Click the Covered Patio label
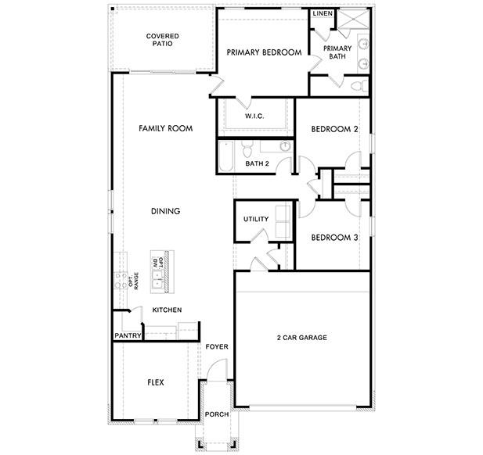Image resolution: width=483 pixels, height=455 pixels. (x=163, y=40)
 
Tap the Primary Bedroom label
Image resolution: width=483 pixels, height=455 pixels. (x=264, y=52)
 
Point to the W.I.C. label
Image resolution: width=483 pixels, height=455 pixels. (x=254, y=116)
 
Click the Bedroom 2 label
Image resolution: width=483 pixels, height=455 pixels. (x=334, y=129)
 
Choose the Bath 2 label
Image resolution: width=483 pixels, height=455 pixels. (x=257, y=164)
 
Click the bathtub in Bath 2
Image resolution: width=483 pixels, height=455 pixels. (x=225, y=154)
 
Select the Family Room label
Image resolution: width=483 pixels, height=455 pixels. (x=165, y=128)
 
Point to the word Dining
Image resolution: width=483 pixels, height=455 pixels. (x=165, y=211)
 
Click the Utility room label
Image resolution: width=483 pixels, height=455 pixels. (x=256, y=219)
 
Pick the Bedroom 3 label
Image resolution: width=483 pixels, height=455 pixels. (x=334, y=238)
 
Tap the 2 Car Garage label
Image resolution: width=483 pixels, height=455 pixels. (x=301, y=338)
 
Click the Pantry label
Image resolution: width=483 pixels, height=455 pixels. (x=127, y=336)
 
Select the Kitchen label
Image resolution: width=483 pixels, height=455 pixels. (x=167, y=310)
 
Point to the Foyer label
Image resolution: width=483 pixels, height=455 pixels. (x=216, y=346)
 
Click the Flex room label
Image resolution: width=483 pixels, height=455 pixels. (x=156, y=383)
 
